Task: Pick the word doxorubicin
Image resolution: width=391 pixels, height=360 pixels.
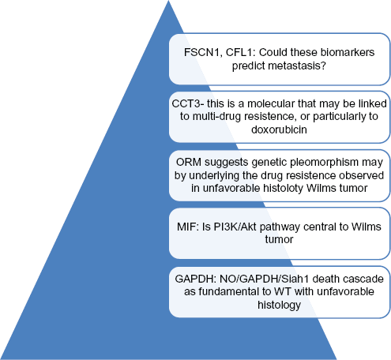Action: click(x=279, y=129)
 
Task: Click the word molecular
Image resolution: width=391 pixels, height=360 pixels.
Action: click(x=271, y=103)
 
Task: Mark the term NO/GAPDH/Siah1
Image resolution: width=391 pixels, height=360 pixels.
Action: click(x=265, y=279)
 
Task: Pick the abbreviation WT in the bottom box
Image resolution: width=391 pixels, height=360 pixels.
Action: click(x=283, y=291)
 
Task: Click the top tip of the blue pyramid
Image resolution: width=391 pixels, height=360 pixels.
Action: click(x=168, y=1)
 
